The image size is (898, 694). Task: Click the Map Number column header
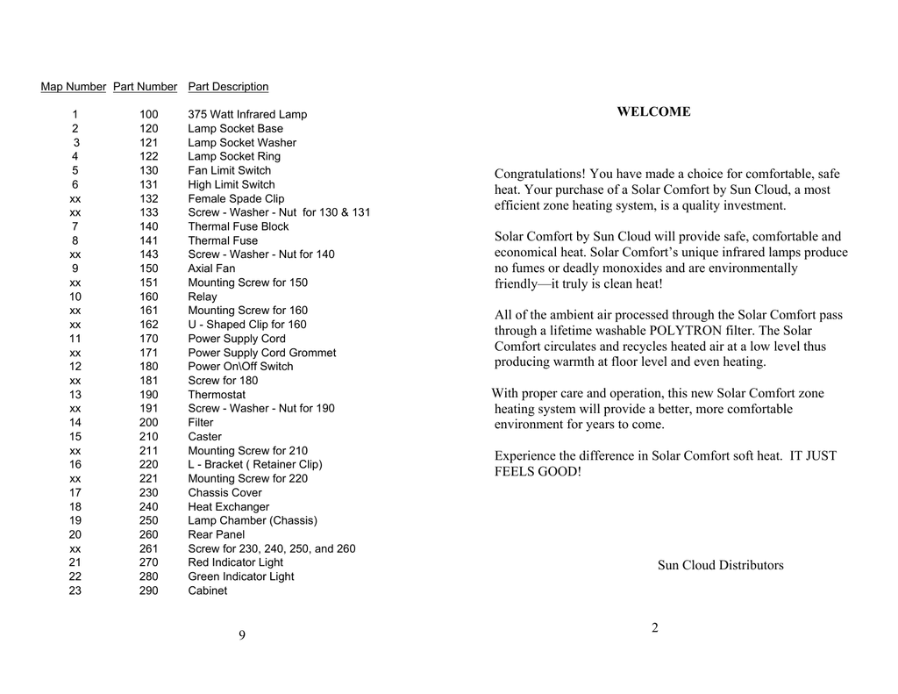(x=74, y=87)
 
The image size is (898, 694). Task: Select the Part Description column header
(x=228, y=87)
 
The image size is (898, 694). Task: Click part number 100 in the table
(x=149, y=115)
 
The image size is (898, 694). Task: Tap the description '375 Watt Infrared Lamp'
(x=247, y=115)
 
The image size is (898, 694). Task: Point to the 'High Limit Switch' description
(x=232, y=185)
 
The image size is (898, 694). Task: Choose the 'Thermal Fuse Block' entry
(x=238, y=226)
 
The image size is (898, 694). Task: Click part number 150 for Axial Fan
(x=149, y=268)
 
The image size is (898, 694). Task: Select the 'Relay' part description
(x=202, y=297)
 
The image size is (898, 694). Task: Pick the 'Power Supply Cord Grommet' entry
(x=261, y=353)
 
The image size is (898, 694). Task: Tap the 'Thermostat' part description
(x=217, y=395)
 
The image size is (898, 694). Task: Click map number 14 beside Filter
(x=75, y=423)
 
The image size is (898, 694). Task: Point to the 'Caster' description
(x=204, y=437)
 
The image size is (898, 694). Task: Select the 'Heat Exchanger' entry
(x=228, y=507)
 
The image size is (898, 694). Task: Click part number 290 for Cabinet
(x=149, y=591)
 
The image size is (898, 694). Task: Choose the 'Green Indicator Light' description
(x=240, y=577)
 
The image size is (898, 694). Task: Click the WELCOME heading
(x=653, y=112)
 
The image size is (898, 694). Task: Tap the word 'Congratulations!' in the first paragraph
(x=540, y=175)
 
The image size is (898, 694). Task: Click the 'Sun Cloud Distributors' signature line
(x=720, y=566)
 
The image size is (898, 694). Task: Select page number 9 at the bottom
(x=241, y=635)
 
